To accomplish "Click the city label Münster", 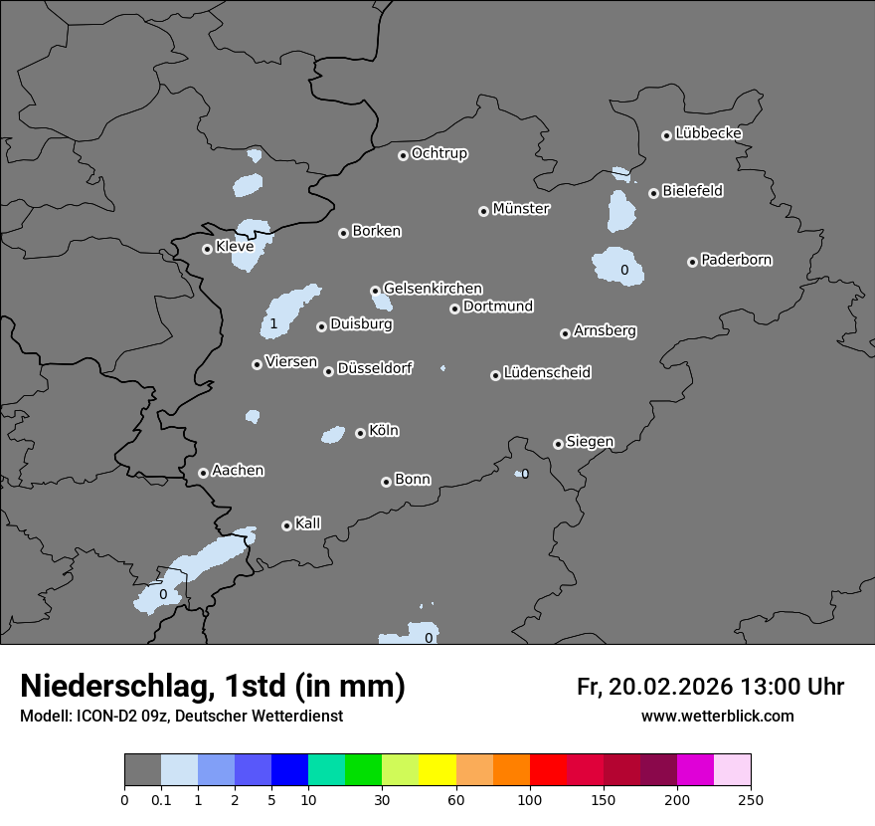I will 521,209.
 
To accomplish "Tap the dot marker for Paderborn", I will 692,262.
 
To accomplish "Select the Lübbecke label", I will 708,133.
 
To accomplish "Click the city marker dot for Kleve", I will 207,249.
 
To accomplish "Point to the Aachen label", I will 238,471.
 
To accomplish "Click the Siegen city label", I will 590,442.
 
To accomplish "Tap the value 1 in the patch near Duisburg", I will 273,324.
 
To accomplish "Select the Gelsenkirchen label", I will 433,289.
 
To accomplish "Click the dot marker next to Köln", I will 360,433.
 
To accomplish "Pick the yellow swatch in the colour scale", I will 437,770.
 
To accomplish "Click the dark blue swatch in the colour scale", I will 289,770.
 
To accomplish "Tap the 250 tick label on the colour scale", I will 751,799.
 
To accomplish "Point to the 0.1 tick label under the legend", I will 160,799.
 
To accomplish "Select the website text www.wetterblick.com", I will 717,716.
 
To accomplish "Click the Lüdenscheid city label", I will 547,373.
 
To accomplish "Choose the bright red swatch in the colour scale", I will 548,770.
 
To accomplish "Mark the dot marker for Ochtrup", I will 403,155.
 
